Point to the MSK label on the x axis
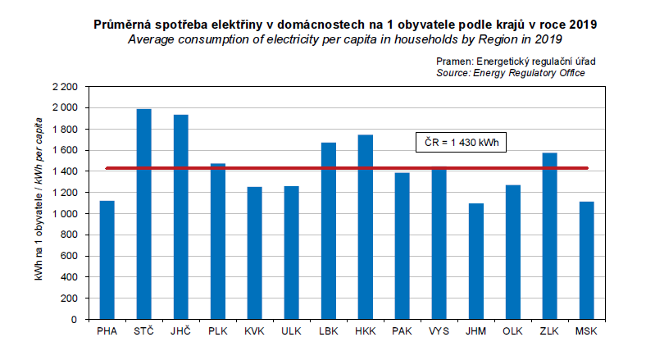(x=587, y=331)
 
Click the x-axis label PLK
(x=217, y=331)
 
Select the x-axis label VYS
(x=439, y=331)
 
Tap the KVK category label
(x=254, y=331)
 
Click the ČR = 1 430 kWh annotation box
(x=462, y=141)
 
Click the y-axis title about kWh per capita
(x=39, y=202)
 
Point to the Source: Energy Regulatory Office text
(x=510, y=73)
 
